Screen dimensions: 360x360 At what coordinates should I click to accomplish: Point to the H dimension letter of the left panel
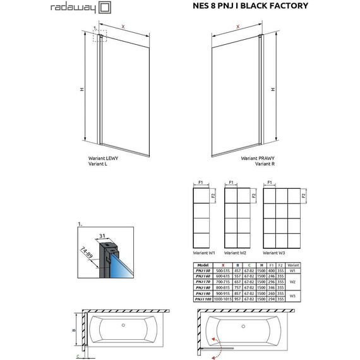point(81,89)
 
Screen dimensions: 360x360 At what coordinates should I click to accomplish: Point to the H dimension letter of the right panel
point(273,89)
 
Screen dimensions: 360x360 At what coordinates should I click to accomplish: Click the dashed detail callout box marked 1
point(99,37)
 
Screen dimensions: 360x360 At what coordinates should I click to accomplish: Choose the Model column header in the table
point(203,265)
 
